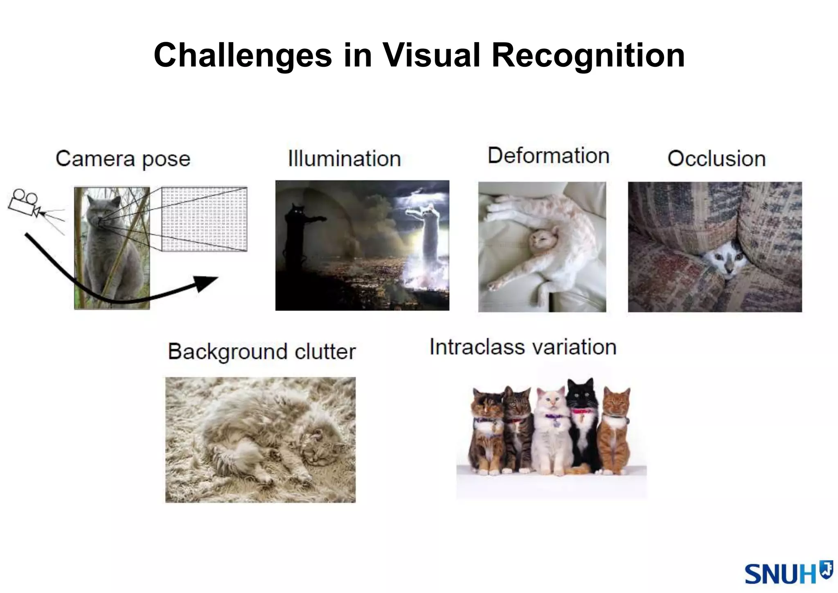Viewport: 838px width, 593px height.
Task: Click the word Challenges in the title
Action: (x=243, y=56)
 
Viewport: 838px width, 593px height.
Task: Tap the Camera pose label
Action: (x=123, y=159)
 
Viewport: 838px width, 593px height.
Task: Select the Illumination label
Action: (x=344, y=158)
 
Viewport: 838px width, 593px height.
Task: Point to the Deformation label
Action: (x=548, y=156)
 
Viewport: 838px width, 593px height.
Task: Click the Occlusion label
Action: (x=716, y=158)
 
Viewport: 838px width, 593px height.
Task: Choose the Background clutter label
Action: (x=262, y=352)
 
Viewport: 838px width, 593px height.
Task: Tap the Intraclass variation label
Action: (x=523, y=347)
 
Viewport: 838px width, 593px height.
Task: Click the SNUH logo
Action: (x=787, y=573)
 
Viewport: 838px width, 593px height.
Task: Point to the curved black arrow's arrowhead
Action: (x=205, y=283)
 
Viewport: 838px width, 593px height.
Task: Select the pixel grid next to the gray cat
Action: (x=204, y=219)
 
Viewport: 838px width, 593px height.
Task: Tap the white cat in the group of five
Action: (x=552, y=430)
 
